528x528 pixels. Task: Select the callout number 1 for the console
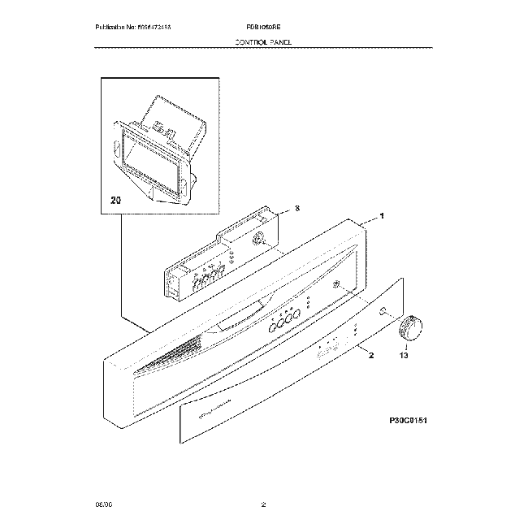point(382,218)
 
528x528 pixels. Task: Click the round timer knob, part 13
point(410,330)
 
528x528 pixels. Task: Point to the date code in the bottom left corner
point(103,506)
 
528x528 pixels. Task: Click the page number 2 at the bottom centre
point(264,506)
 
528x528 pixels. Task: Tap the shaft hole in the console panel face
point(335,284)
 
